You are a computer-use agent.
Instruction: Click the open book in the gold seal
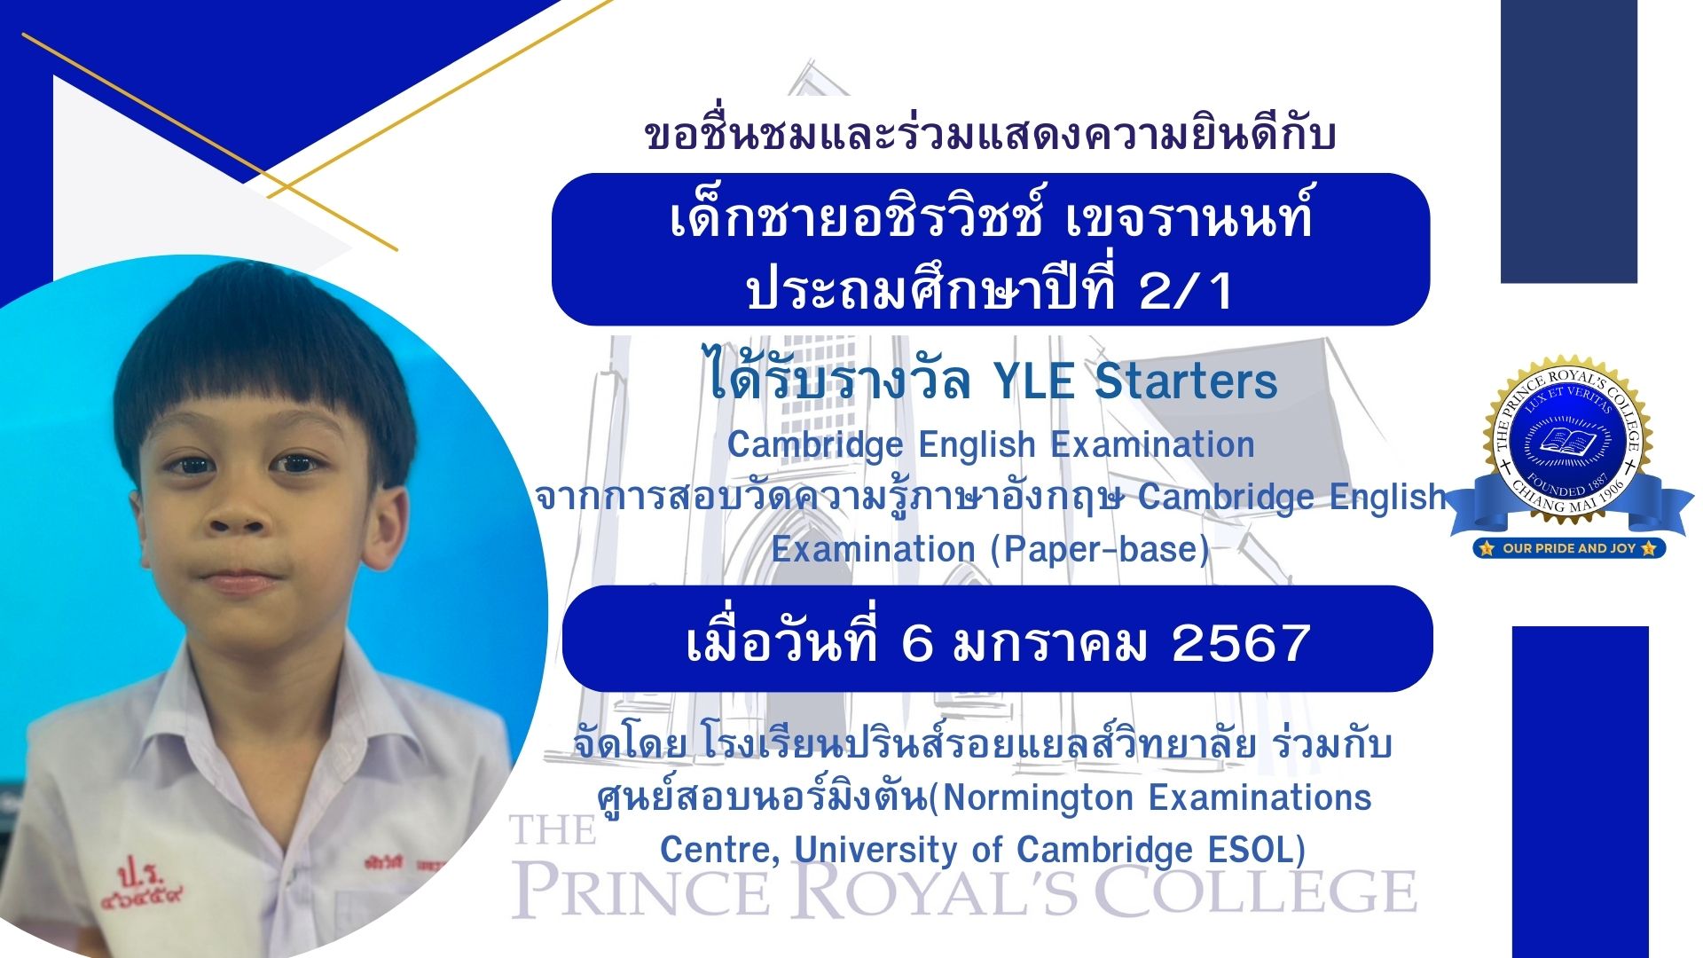click(1566, 440)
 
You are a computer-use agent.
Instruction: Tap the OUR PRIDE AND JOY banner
click(1569, 548)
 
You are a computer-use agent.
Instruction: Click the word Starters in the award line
click(1186, 381)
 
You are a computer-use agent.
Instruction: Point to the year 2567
click(1241, 642)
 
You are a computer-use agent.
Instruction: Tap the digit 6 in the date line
click(917, 642)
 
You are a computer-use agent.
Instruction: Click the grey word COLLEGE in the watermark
click(1256, 891)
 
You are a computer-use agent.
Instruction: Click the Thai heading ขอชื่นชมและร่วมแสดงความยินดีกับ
click(990, 134)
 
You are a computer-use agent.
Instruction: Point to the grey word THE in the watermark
click(553, 831)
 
